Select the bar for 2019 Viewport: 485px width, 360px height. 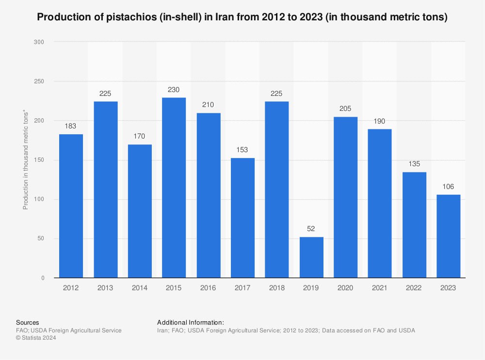click(x=311, y=257)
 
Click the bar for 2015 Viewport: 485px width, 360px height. click(x=174, y=188)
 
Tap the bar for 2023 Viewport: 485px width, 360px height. click(x=448, y=236)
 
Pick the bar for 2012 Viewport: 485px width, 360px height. click(x=71, y=206)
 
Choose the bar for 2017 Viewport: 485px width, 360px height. click(x=242, y=218)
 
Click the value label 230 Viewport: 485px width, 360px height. click(x=174, y=90)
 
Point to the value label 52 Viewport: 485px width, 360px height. click(x=311, y=229)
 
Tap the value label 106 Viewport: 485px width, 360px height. click(x=448, y=187)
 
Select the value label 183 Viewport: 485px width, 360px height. click(x=71, y=126)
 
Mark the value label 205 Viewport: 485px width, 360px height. click(x=345, y=109)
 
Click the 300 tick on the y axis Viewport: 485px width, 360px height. click(x=39, y=42)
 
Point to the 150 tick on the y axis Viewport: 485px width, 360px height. click(x=39, y=160)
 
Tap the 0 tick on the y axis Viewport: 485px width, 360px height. click(x=43, y=278)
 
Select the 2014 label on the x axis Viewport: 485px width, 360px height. click(x=140, y=288)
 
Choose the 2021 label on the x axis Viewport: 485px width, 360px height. click(x=380, y=288)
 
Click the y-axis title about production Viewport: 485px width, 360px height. click(x=26, y=160)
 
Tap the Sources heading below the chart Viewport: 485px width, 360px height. click(x=28, y=322)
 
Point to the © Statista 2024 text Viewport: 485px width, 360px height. click(x=36, y=338)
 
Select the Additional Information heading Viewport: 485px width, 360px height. click(x=191, y=322)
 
